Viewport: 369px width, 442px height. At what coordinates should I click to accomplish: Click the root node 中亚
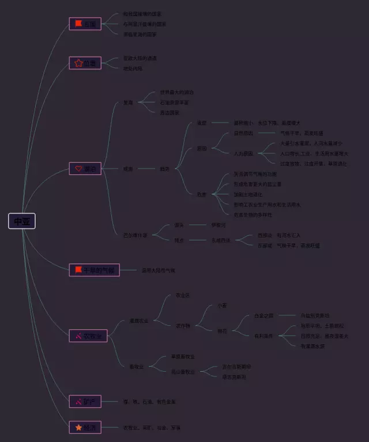coord(22,221)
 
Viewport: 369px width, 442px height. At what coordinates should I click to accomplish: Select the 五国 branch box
coord(85,24)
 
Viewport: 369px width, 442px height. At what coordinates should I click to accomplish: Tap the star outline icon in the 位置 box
coord(78,63)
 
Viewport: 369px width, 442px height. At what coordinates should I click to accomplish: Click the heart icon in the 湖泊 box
coord(78,169)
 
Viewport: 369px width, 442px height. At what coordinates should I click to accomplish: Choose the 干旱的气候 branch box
coord(94,270)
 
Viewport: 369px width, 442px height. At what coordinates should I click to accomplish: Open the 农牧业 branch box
coord(88,336)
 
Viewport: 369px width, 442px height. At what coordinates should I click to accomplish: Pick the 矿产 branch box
coord(85,401)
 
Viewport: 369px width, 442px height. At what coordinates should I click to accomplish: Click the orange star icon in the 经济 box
coord(78,427)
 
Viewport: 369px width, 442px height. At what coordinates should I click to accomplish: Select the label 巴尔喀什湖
coord(135,235)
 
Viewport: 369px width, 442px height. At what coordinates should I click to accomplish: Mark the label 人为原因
coord(243,153)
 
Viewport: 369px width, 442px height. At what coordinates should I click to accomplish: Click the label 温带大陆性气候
coord(158,270)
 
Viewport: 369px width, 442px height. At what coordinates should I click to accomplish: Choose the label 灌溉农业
coord(139,321)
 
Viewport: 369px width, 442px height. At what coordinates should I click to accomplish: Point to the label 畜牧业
coord(136,366)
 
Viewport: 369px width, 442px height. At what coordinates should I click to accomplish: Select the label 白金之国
coord(263,315)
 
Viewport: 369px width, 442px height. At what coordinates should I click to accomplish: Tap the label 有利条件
coord(263,336)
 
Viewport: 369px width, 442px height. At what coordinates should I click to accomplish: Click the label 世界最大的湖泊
coord(177,92)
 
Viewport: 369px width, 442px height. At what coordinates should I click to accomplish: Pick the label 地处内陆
coord(133,68)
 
